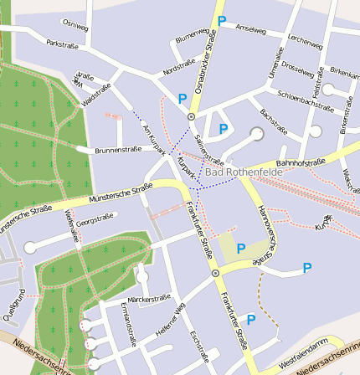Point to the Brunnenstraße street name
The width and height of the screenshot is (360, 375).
tap(117, 150)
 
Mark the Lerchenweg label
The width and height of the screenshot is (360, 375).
tap(304, 41)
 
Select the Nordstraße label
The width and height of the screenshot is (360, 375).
tap(179, 69)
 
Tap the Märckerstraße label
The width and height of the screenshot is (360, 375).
tap(149, 297)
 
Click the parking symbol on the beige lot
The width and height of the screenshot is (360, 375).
tap(241, 248)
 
